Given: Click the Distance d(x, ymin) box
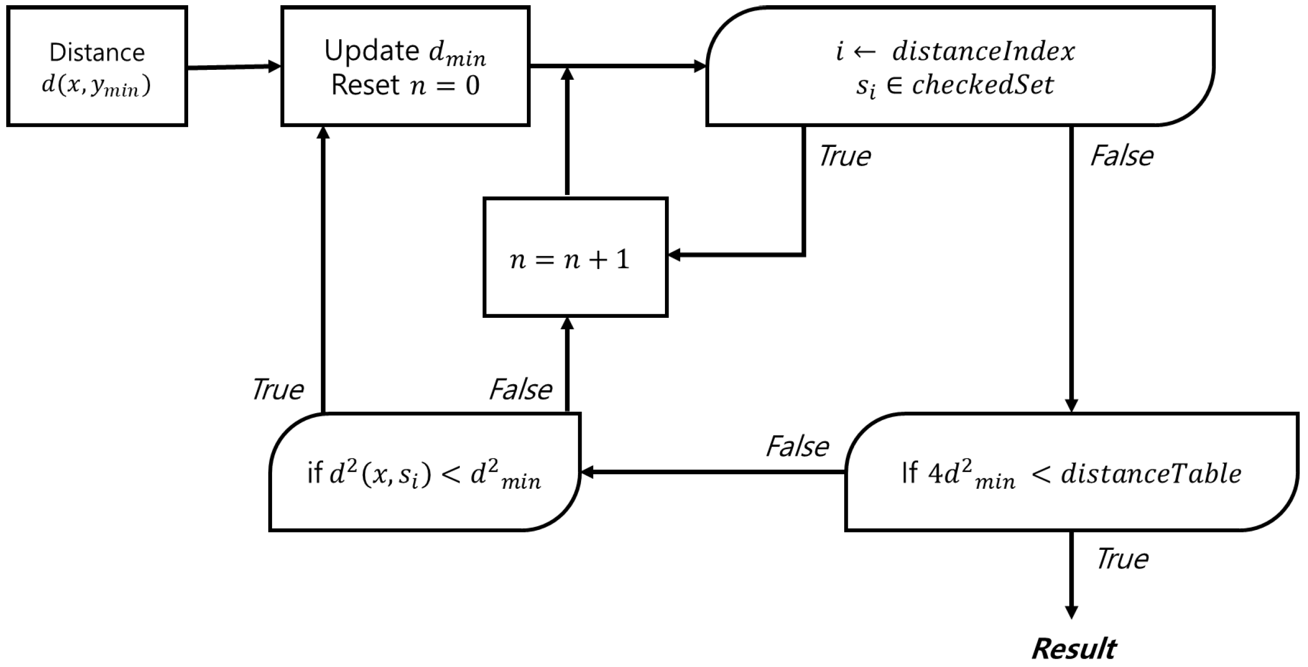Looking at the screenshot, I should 96,66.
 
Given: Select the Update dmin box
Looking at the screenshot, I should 405,66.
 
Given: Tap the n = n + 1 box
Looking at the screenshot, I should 575,257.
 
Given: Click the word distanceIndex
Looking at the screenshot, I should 983,52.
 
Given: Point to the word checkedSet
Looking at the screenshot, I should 983,85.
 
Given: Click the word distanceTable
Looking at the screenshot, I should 1151,474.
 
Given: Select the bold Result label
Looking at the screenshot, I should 1073,649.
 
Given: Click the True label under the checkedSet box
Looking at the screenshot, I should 844,156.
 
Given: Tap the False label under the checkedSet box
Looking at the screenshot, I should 1121,156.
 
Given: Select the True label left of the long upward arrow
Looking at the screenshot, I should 277,389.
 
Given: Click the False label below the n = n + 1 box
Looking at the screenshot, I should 520,389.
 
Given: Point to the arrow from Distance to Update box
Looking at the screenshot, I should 233,67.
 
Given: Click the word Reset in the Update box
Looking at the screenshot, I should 365,85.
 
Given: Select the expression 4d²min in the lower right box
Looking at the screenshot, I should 972,475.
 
